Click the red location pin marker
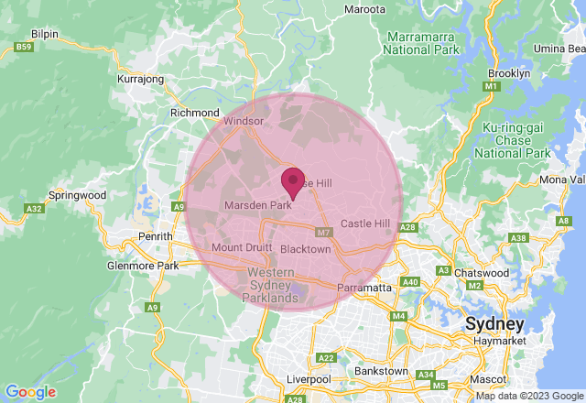[293, 181]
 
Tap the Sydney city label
[494, 324]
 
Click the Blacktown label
[305, 249]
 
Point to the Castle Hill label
[364, 223]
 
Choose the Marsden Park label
[257, 205]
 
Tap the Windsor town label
[244, 120]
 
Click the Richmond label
[192, 113]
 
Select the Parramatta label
[364, 288]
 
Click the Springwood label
[77, 195]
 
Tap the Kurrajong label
[140, 79]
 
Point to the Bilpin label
[45, 33]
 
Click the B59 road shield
[24, 47]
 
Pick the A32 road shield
[35, 209]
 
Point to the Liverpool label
[308, 379]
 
